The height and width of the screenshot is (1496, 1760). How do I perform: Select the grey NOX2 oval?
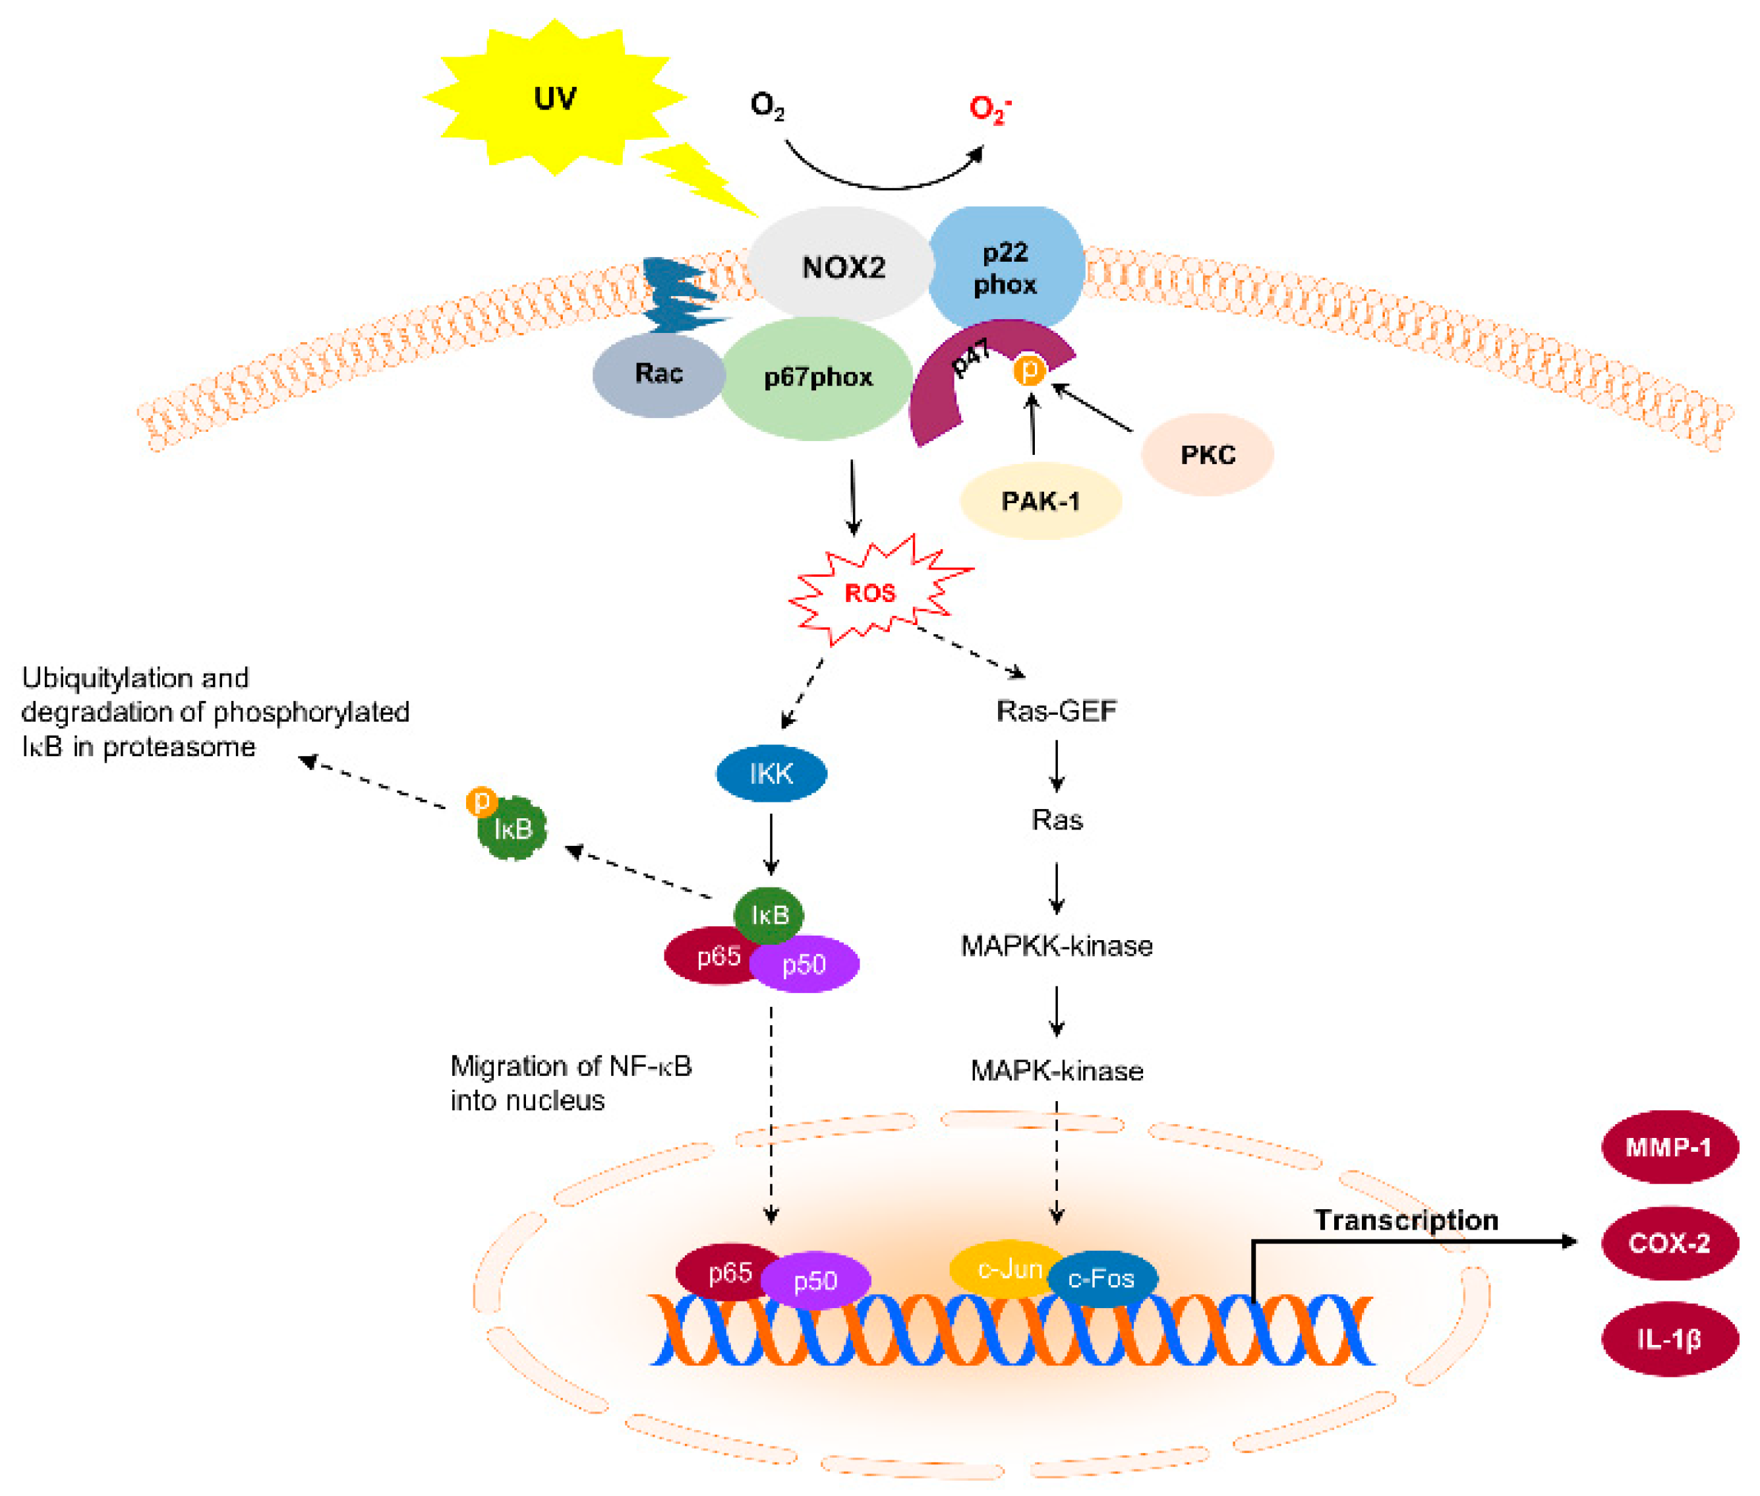(841, 266)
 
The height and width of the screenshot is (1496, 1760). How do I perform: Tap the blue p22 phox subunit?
(1005, 268)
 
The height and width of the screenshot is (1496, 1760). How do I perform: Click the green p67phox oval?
(817, 377)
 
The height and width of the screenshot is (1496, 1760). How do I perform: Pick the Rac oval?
(658, 373)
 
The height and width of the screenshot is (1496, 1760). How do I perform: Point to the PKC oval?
(1206, 454)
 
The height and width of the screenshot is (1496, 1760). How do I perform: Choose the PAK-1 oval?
(1040, 501)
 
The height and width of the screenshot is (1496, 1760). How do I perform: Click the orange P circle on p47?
(1029, 370)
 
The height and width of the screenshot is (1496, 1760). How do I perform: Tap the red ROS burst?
(871, 593)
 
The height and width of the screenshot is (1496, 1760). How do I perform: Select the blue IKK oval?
(771, 773)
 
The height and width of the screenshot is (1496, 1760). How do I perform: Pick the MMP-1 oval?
(1668, 1147)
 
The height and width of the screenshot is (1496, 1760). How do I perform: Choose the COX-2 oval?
(1668, 1243)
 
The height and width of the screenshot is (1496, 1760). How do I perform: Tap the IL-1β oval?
(1668, 1339)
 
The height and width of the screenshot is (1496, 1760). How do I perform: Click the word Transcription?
(1405, 1220)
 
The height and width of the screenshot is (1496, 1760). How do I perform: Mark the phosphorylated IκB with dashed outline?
(512, 827)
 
